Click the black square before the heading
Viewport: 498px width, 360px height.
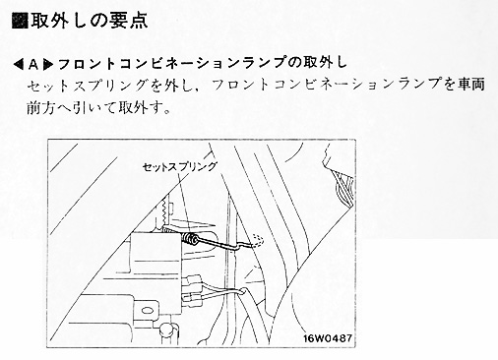[x=20, y=21]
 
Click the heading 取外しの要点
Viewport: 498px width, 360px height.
[x=89, y=21]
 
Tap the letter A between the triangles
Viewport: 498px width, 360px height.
[x=33, y=65]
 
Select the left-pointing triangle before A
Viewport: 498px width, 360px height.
[x=19, y=65]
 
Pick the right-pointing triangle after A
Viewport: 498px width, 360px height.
[x=48, y=65]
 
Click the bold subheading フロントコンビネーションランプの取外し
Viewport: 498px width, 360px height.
[x=203, y=63]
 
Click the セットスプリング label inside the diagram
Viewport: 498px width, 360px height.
[x=179, y=166]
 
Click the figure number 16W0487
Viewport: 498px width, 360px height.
[x=328, y=338]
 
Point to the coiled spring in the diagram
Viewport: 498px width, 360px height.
[x=190, y=238]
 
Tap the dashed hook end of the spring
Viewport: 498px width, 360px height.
[x=257, y=240]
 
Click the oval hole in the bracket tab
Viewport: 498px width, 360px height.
[x=147, y=311]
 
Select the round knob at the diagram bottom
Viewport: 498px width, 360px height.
[x=167, y=330]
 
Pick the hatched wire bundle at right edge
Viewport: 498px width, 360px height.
[x=344, y=189]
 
